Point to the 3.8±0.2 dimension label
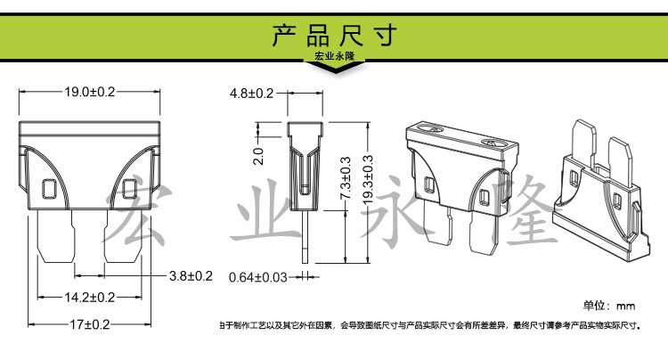(x=191, y=276)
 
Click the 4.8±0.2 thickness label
(x=252, y=93)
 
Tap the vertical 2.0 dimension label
(x=259, y=156)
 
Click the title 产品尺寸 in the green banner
(x=333, y=36)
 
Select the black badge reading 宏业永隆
(x=333, y=58)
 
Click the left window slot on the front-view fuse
(x=50, y=189)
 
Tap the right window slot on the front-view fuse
(x=128, y=189)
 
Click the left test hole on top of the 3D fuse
(x=433, y=130)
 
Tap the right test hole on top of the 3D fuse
(x=490, y=143)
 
